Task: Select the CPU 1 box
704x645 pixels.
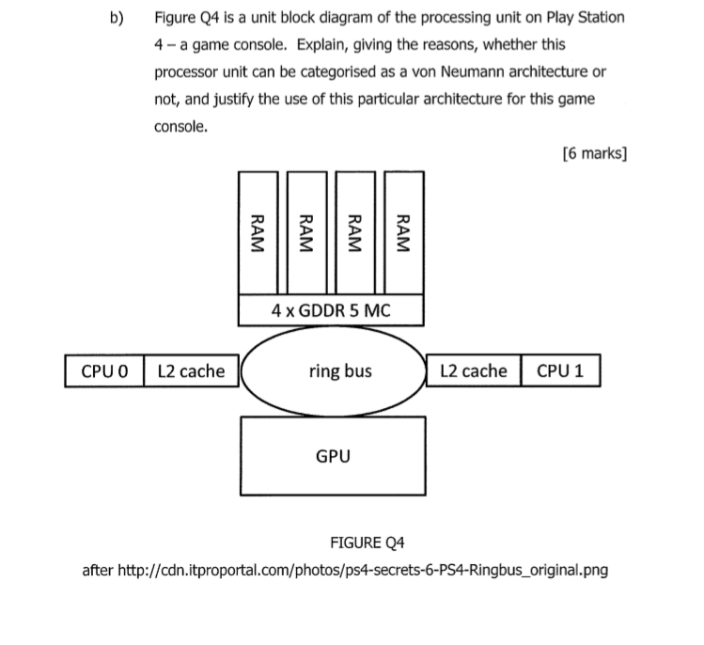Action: (560, 370)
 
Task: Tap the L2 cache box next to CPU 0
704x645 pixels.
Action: (191, 370)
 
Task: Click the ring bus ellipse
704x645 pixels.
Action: (334, 370)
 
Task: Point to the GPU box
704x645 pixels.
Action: (334, 457)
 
